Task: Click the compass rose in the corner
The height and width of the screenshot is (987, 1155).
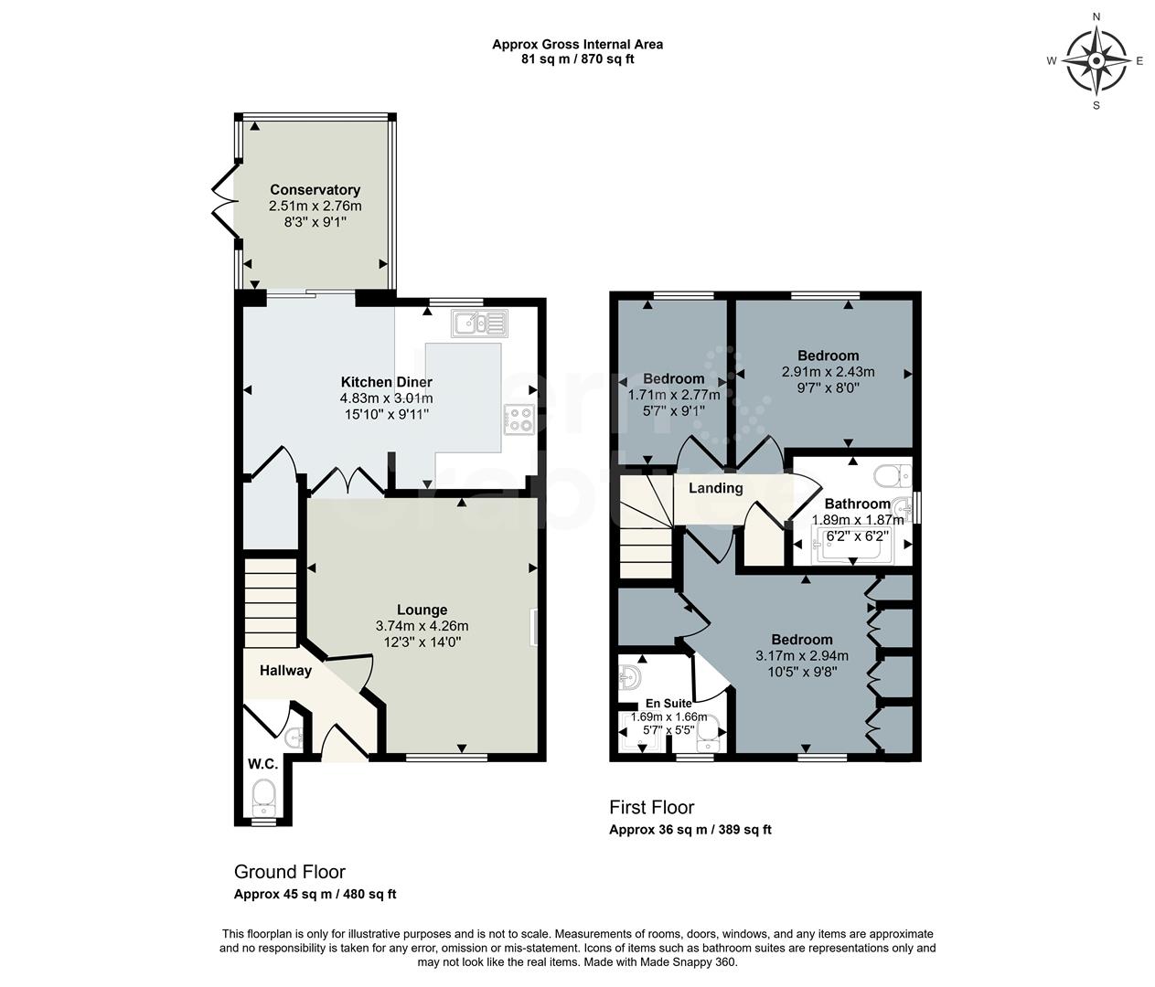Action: click(x=1096, y=61)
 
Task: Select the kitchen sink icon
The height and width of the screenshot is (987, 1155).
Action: click(x=478, y=323)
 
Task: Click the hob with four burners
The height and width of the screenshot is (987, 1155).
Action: click(x=519, y=419)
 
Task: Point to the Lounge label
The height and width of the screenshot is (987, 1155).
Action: click(x=422, y=610)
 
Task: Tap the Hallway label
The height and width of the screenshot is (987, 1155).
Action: click(x=285, y=670)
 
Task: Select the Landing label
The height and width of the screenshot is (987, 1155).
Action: click(x=715, y=488)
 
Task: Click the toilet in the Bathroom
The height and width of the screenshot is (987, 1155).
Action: click(x=892, y=476)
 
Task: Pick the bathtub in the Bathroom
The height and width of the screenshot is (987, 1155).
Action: click(x=850, y=547)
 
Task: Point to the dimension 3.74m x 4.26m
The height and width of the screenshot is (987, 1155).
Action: click(x=422, y=626)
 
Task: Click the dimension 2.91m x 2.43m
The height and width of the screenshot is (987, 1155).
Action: click(x=828, y=372)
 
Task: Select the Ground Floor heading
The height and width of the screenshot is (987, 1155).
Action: click(x=289, y=872)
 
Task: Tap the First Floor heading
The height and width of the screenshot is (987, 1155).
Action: click(x=651, y=807)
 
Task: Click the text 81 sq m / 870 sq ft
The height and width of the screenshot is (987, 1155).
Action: click(x=577, y=59)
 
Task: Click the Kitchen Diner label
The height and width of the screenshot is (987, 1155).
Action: click(x=386, y=382)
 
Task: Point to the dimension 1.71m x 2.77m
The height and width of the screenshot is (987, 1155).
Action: click(x=674, y=395)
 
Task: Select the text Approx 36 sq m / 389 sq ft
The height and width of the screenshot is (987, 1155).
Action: click(x=690, y=830)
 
